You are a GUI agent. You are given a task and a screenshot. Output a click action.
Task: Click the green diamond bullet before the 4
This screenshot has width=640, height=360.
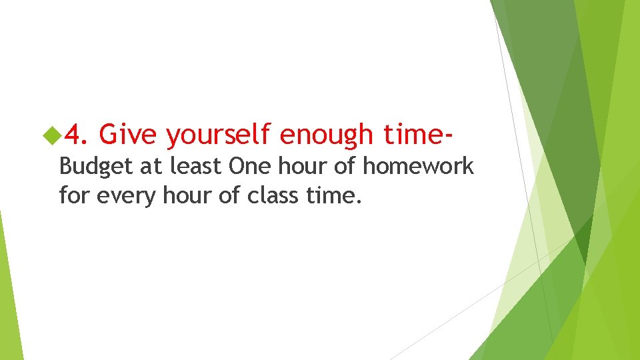51,136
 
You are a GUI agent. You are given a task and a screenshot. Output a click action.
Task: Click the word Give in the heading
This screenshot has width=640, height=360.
127,135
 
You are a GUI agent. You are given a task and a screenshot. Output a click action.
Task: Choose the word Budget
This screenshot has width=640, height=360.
96,167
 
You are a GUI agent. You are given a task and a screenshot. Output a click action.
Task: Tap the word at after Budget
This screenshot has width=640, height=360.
150,167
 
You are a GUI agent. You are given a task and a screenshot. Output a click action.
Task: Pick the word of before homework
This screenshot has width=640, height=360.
345,166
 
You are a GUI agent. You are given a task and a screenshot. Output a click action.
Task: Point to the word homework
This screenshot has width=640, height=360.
418,166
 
